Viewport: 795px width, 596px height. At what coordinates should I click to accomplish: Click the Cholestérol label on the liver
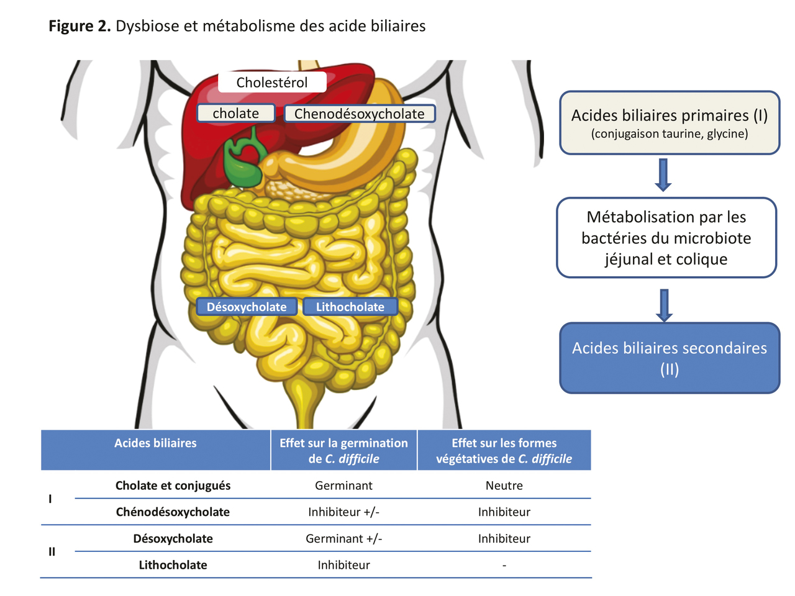coord(272,83)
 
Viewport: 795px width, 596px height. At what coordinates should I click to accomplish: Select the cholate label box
coord(236,114)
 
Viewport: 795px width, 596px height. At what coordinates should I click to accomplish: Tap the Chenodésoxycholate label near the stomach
coord(360,114)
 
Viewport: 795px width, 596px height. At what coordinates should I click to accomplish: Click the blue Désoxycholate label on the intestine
coord(247,307)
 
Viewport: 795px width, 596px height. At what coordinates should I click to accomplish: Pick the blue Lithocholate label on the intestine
coord(350,307)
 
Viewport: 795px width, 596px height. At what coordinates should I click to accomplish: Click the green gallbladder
coord(243,162)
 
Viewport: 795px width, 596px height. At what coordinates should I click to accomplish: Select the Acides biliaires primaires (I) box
coord(670,123)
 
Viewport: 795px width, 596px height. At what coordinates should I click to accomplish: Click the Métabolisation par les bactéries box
coord(666,238)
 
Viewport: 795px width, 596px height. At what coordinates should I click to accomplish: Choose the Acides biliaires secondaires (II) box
coord(670,358)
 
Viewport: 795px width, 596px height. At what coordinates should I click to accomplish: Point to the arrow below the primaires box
coord(663,174)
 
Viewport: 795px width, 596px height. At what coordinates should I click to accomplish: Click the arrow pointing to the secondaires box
coord(664,305)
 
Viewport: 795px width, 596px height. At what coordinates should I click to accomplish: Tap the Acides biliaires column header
coord(155,443)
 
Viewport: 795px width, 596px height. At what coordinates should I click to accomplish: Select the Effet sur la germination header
coord(343,451)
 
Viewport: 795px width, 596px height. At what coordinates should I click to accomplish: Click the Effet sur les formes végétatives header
coord(504,451)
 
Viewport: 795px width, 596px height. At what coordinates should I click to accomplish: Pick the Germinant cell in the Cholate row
coord(343,485)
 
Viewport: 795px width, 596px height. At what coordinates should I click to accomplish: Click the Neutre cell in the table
coord(504,485)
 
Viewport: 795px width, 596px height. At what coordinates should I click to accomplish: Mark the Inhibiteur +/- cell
coord(343,512)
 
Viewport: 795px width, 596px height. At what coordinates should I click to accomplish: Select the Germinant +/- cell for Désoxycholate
coord(343,539)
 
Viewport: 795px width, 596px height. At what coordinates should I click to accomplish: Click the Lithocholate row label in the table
coord(173,565)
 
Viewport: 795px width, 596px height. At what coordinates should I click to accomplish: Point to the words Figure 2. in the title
coord(79,26)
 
